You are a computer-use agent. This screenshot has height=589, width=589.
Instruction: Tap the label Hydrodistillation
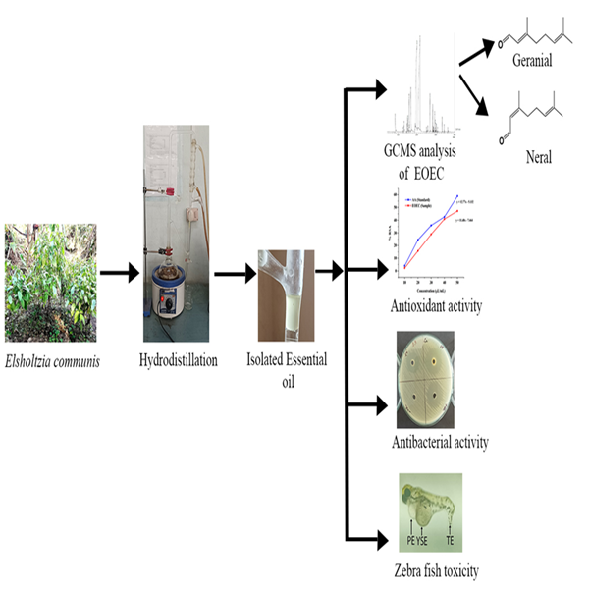tap(175, 360)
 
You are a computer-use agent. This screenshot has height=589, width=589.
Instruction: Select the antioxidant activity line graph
tap(422, 236)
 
